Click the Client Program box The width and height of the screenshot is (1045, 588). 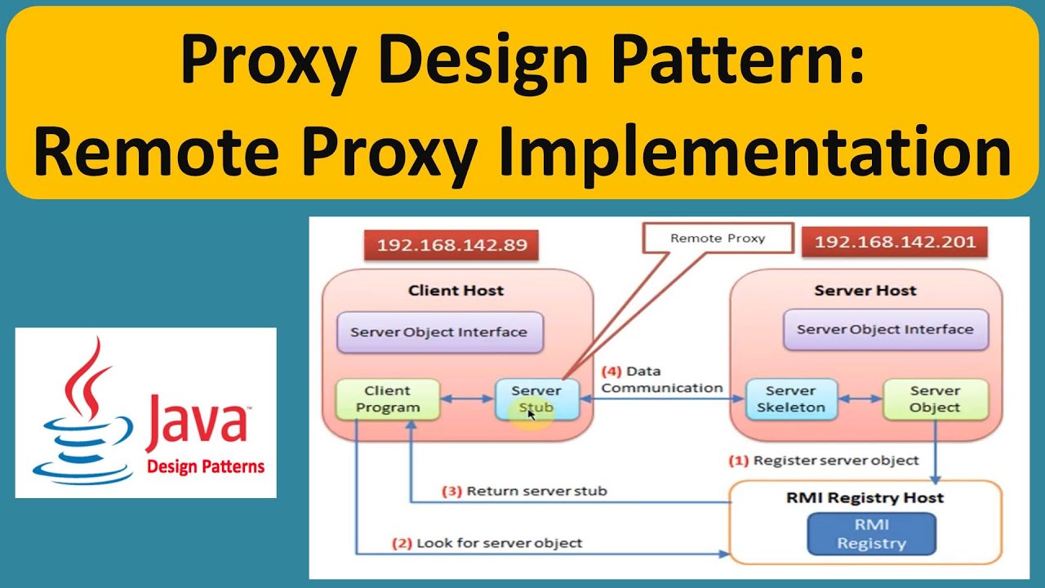tap(388, 399)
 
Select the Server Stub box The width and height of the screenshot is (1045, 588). tap(536, 399)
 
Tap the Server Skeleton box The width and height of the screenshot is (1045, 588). tap(790, 399)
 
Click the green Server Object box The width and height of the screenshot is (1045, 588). tap(935, 399)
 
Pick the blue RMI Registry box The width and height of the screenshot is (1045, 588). tap(871, 535)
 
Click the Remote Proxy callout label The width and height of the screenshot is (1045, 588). tap(718, 238)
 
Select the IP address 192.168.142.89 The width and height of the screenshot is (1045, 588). tap(451, 244)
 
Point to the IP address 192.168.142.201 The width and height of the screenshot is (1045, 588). tap(895, 243)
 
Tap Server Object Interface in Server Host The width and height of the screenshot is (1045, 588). tap(885, 330)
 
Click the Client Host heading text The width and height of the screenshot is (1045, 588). tap(456, 291)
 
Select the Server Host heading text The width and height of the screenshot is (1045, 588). tap(865, 291)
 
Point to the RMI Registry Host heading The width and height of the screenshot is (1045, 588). tap(865, 497)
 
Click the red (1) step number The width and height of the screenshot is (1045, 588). tap(738, 461)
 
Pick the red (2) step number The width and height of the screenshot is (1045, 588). tap(403, 542)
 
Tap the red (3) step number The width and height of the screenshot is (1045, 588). tap(451, 492)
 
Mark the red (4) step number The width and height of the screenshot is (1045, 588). tap(612, 372)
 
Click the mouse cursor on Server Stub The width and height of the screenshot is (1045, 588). tap(531, 414)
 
